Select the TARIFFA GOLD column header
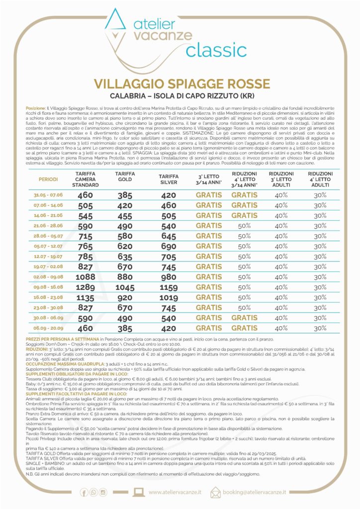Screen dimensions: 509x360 coord(125,176)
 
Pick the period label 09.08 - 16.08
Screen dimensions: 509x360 coord(49,287)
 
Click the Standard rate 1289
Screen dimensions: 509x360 coord(86,287)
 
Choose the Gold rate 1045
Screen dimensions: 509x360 coord(125,287)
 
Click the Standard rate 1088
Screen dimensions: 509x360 coord(86,277)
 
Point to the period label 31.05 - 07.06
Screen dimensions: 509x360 coord(49,195)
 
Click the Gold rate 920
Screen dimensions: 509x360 coord(125,298)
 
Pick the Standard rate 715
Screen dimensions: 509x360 coord(86,236)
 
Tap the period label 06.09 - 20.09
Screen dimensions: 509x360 coord(49,328)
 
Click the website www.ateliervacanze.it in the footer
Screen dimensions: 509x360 coord(176,492)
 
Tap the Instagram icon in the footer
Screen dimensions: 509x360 coord(103,492)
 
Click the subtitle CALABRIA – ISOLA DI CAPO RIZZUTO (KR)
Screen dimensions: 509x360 coord(180,95)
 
